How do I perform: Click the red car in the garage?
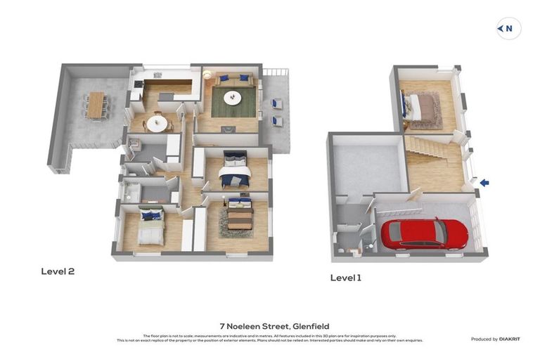(424, 233)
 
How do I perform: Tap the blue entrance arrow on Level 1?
(484, 183)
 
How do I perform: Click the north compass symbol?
(508, 29)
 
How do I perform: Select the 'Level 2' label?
(58, 271)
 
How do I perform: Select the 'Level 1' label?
(345, 278)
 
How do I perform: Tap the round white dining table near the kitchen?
(157, 123)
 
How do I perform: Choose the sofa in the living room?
(234, 79)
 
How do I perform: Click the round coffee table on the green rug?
(233, 98)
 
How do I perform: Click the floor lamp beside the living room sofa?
(207, 74)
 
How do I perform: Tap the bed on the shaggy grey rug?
(239, 214)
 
